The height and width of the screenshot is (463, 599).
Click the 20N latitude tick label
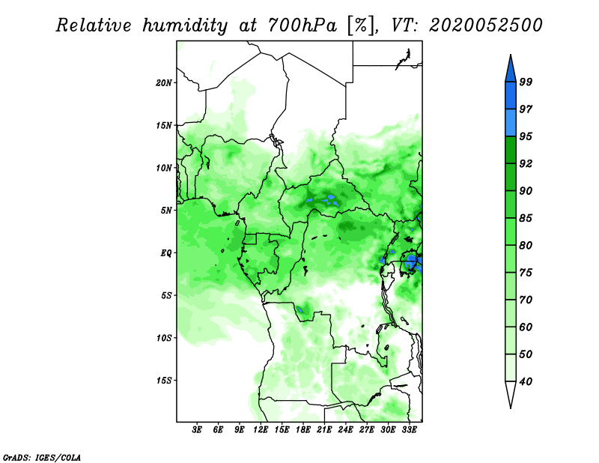point(164,82)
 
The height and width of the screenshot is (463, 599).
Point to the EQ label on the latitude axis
point(166,253)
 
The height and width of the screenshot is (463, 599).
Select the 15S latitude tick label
point(164,381)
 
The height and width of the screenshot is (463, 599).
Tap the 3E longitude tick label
point(197,430)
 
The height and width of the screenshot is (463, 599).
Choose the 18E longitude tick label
point(303,430)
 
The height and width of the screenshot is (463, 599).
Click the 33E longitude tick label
point(409,430)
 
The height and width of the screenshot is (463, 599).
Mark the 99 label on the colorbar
point(526,82)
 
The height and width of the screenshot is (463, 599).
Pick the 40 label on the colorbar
point(526,381)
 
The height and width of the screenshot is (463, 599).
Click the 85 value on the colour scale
point(526,218)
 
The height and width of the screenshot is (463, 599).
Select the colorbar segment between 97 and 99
point(511,96)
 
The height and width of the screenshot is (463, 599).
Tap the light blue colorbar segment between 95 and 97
point(511,123)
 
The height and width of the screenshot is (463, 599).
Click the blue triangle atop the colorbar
point(511,68)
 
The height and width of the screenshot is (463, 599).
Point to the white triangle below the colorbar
point(511,395)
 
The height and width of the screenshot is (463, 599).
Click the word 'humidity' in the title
point(185,26)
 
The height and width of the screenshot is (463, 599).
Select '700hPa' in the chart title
point(302,25)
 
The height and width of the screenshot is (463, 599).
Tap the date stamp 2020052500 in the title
point(485,25)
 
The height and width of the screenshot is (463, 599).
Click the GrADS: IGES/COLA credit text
point(42,457)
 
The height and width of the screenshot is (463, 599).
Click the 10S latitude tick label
point(164,338)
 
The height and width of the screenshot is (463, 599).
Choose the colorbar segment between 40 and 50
point(511,368)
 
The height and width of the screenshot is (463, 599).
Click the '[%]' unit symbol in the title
point(362,25)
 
